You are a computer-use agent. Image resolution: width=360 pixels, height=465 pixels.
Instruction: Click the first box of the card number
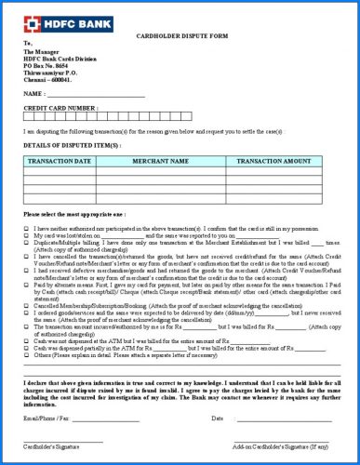pyautogui.click(x=29, y=118)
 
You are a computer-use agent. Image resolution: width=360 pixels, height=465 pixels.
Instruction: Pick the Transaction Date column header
pyautogui.click(x=60, y=161)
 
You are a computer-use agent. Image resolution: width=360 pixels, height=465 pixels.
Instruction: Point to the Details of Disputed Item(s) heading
pyautogui.click(x=72, y=146)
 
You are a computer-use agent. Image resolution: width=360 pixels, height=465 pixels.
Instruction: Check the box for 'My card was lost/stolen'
pyautogui.click(x=26, y=234)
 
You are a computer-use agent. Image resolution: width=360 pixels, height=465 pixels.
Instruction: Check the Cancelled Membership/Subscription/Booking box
pyautogui.click(x=26, y=304)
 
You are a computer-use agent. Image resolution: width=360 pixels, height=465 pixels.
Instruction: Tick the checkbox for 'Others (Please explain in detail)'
pyautogui.click(x=26, y=354)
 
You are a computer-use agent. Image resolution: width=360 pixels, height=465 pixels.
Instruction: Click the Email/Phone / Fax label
pyautogui.click(x=47, y=418)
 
